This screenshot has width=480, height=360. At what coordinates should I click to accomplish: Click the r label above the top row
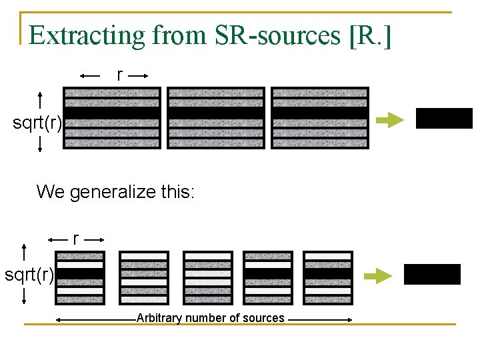click(x=120, y=75)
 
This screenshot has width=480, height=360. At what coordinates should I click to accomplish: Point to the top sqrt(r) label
click(x=38, y=123)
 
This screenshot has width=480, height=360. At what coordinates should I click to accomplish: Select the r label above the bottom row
click(x=76, y=239)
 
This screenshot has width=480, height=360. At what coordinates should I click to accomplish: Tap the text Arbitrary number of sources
click(x=210, y=318)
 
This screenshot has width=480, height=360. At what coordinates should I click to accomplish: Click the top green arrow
click(x=390, y=120)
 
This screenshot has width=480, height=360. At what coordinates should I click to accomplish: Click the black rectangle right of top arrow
click(x=444, y=118)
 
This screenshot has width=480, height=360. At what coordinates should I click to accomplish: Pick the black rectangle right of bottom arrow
click(x=432, y=274)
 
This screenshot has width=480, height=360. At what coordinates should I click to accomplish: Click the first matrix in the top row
click(x=112, y=118)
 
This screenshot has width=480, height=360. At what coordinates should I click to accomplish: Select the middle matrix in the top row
click(x=216, y=118)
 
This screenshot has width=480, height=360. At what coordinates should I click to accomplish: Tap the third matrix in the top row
click(x=320, y=118)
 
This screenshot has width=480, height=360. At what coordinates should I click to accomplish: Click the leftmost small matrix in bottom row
click(x=80, y=277)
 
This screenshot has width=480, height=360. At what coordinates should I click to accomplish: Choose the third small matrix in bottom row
click(x=207, y=277)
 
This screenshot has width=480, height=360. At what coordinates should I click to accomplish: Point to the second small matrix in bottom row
click(x=144, y=277)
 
